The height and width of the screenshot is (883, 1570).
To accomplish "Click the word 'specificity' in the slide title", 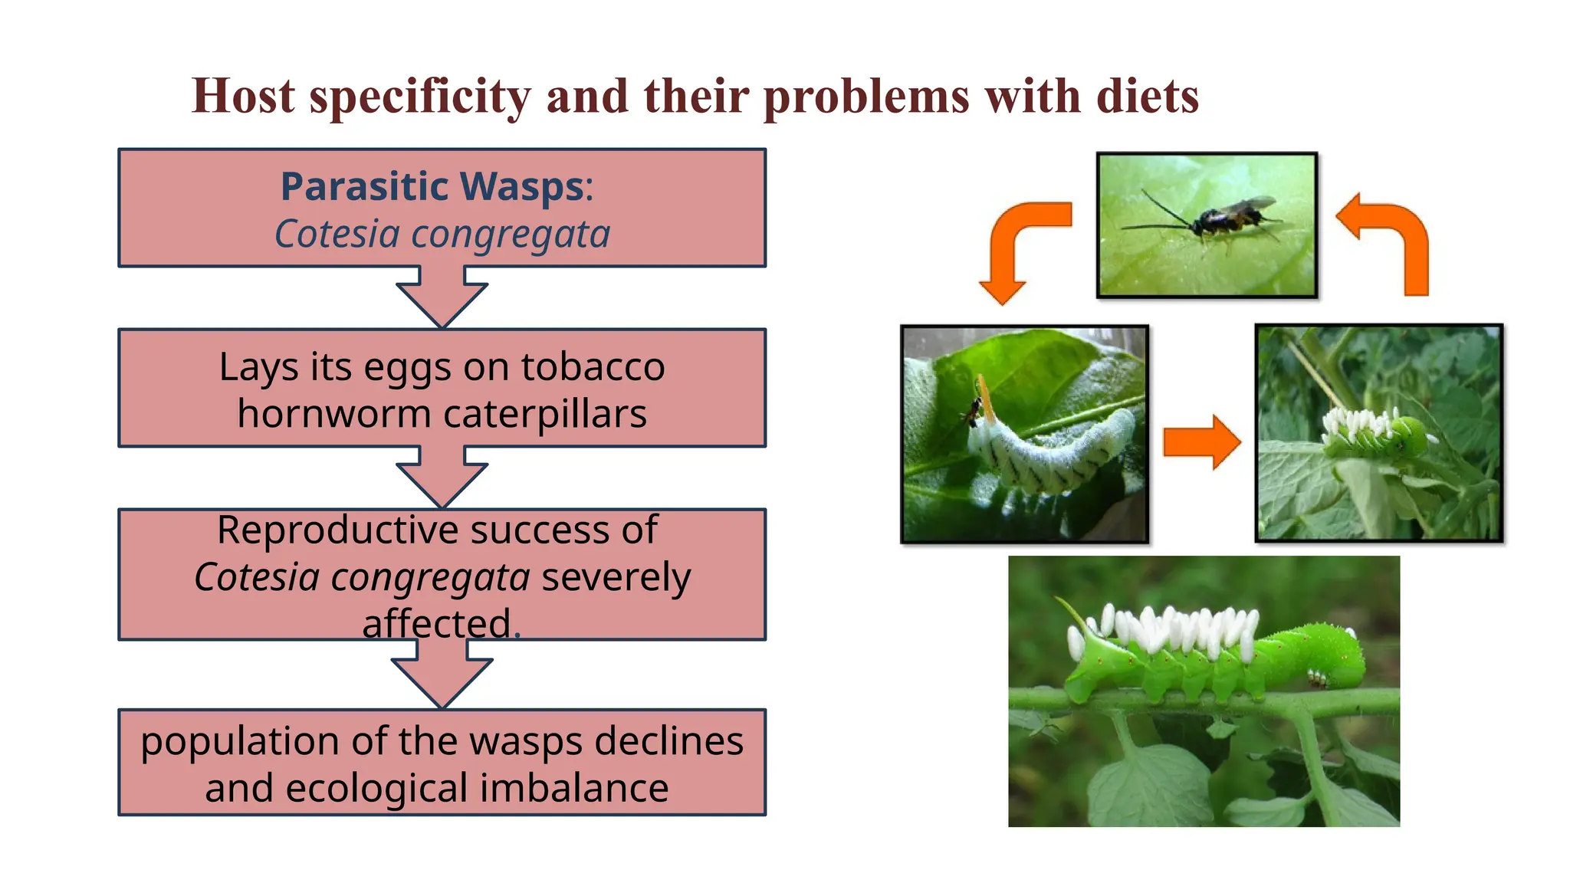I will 419,97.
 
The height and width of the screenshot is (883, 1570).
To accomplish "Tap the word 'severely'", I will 616,577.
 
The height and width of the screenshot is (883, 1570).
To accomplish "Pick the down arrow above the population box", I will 442,673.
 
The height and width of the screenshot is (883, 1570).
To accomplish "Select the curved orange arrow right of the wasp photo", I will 1392,241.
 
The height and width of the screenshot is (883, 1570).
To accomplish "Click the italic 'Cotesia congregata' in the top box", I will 442,235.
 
